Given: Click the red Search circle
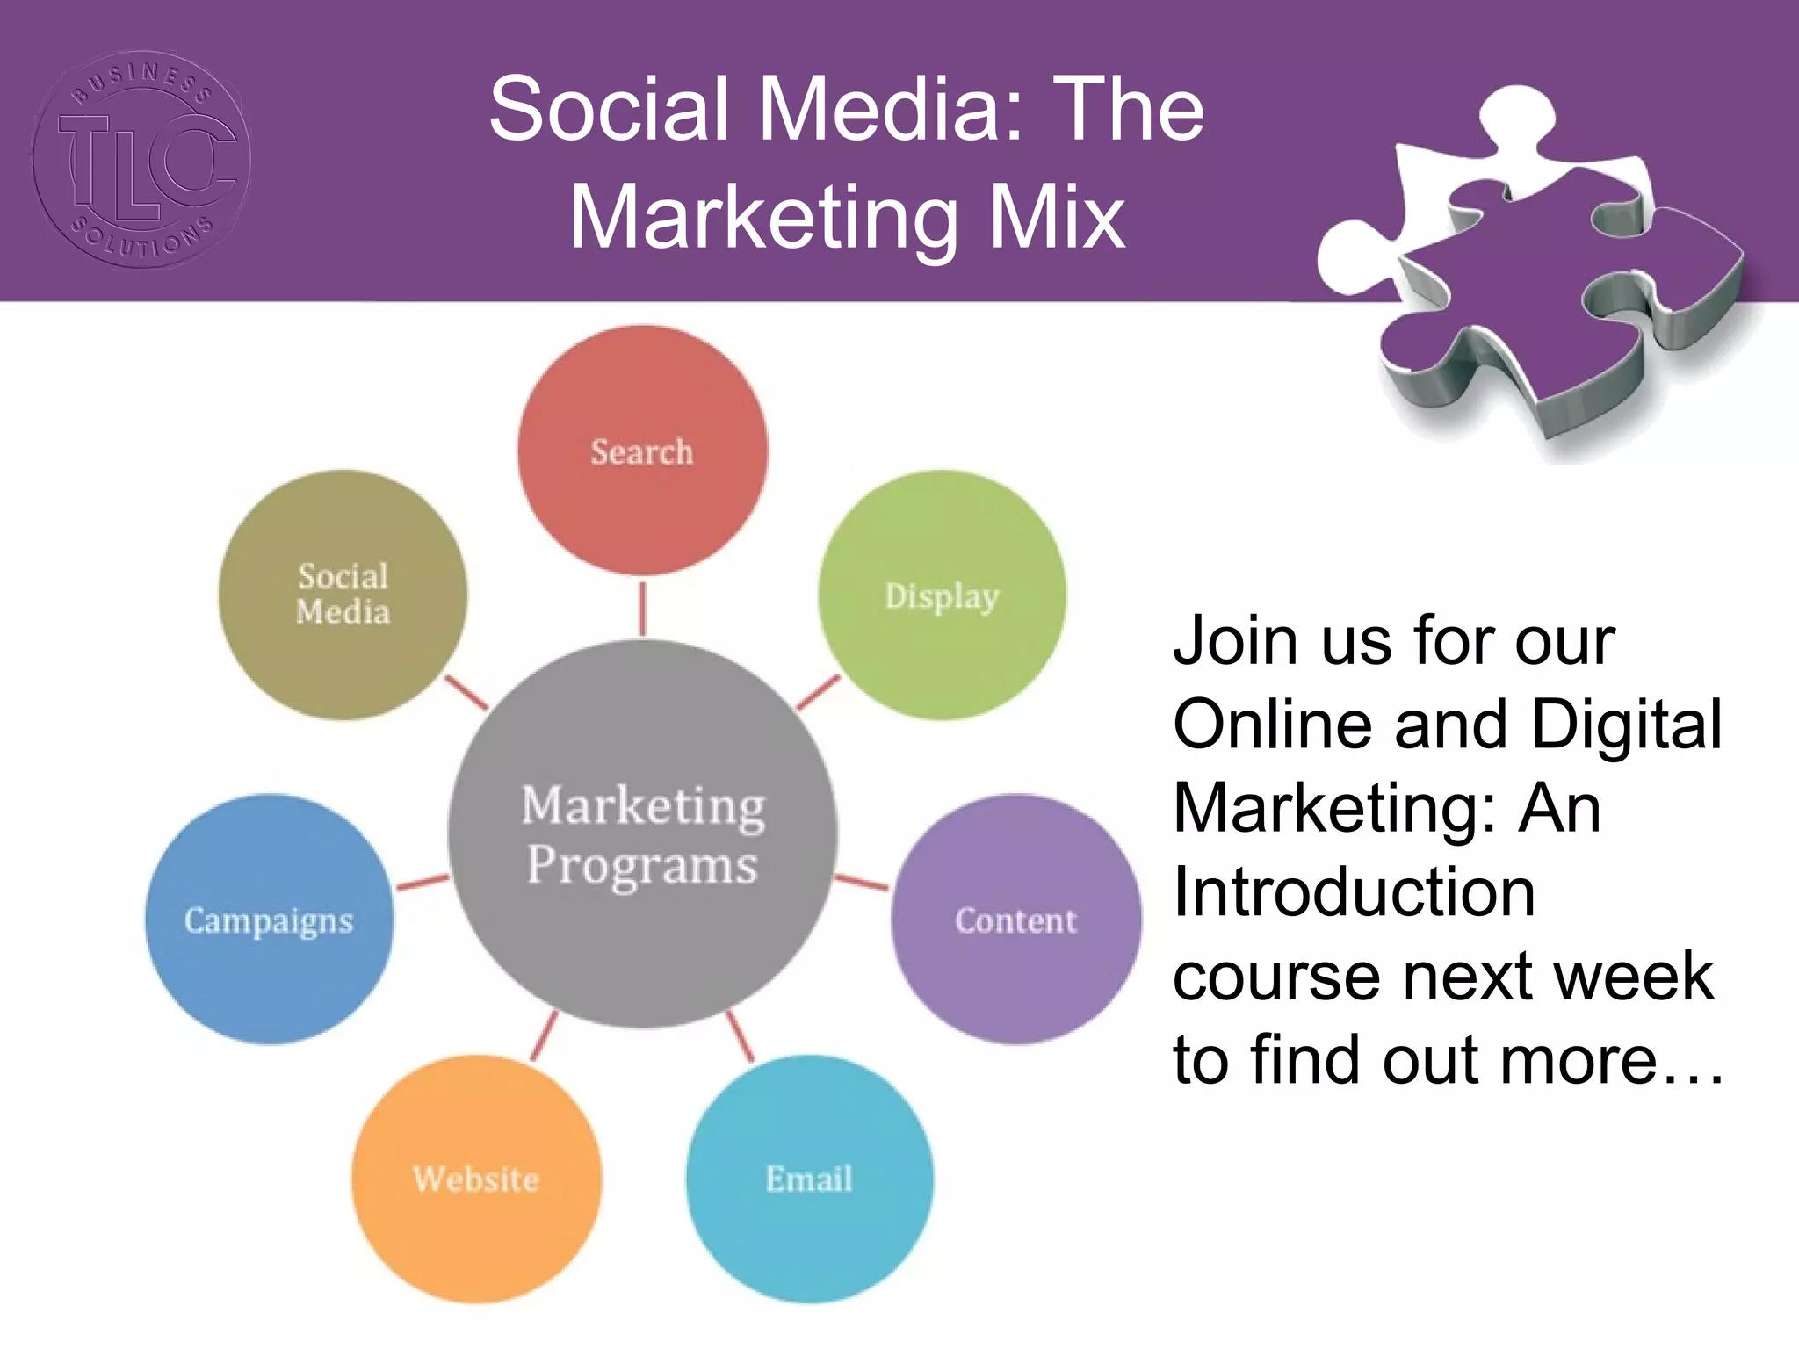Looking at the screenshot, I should [x=642, y=451].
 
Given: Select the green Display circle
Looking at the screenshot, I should [x=942, y=595].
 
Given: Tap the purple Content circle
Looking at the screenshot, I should [x=1016, y=920].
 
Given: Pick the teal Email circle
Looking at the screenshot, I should [x=809, y=1179].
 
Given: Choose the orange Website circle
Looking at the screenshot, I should [x=476, y=1179].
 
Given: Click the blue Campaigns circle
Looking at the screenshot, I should [x=269, y=920].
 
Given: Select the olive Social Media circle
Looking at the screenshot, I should [x=343, y=595].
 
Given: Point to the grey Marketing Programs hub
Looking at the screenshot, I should [x=642, y=834].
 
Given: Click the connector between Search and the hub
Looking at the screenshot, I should [x=642, y=608].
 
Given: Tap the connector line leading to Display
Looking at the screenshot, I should [x=818, y=693].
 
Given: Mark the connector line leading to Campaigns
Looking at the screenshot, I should [x=423, y=882].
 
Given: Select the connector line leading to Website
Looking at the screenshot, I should [x=545, y=1035].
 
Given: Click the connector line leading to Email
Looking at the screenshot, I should [x=741, y=1036].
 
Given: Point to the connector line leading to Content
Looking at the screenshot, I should [x=862, y=882].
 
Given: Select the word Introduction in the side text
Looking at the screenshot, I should [x=1354, y=891].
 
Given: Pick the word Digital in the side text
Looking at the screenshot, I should [x=1626, y=725].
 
